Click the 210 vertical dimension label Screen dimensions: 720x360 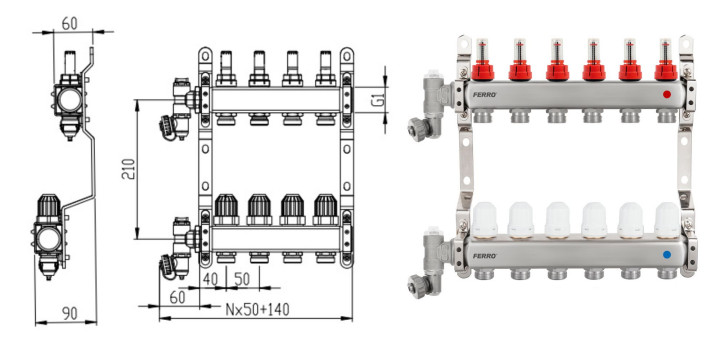click(x=129, y=169)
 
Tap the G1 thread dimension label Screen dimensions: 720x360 click(x=378, y=99)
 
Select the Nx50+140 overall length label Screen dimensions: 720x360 click(x=258, y=309)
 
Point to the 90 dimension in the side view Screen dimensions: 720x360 click(x=70, y=313)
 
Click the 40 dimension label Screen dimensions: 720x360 click(x=210, y=279)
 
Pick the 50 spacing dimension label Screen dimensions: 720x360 click(x=242, y=279)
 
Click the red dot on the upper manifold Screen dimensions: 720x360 click(x=667, y=94)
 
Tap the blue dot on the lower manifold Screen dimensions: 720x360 click(x=667, y=254)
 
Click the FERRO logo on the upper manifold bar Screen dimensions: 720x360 click(x=484, y=95)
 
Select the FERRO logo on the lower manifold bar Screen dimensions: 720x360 click(x=484, y=256)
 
